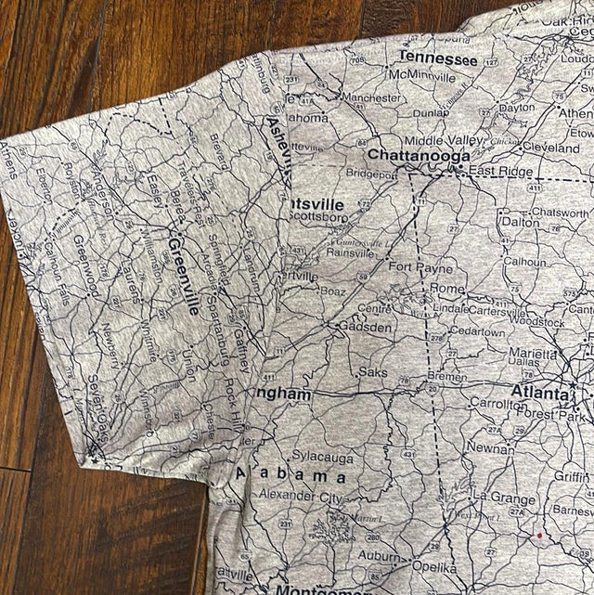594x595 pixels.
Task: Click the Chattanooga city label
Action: (418, 155)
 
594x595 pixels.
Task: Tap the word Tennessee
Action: (437, 58)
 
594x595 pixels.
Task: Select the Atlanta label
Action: (538, 393)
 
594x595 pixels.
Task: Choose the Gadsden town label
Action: (365, 327)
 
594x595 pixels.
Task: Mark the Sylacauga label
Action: (322, 457)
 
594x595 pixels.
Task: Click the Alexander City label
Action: (299, 497)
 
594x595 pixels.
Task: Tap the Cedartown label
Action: (477, 332)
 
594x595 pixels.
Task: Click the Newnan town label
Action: (489, 446)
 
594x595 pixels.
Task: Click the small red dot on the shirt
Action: (539, 536)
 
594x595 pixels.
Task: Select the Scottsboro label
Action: (319, 217)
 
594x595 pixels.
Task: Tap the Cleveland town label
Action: (550, 147)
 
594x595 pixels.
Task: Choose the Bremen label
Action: (446, 377)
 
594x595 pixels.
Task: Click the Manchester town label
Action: (371, 97)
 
